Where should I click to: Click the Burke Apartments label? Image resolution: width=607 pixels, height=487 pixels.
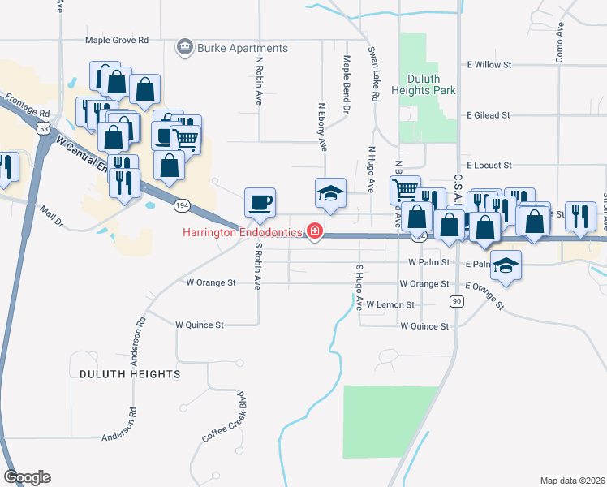pos(241,48)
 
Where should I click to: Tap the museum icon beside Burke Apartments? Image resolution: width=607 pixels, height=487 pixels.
pos(184,48)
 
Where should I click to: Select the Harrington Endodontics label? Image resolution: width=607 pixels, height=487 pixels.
pos(242,233)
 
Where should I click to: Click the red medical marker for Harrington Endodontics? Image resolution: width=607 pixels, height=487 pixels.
pos(314,233)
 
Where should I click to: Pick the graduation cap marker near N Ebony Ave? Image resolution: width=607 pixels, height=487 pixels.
pos(330,193)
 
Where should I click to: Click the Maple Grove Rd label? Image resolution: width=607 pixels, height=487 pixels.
pos(118,40)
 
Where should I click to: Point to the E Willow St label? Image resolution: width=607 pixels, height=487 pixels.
pos(489,63)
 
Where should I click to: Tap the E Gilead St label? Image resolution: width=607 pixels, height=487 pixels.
pos(488,116)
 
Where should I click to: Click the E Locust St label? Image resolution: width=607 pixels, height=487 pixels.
pos(489,164)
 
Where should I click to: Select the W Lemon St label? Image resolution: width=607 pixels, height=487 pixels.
pos(390,305)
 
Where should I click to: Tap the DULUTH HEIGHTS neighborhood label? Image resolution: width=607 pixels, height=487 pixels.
pos(130,373)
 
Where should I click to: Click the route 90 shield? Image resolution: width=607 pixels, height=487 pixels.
pos(458,302)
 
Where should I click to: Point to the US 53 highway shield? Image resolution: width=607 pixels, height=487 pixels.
pos(43,127)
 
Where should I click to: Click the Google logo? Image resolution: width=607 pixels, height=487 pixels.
pos(27,477)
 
